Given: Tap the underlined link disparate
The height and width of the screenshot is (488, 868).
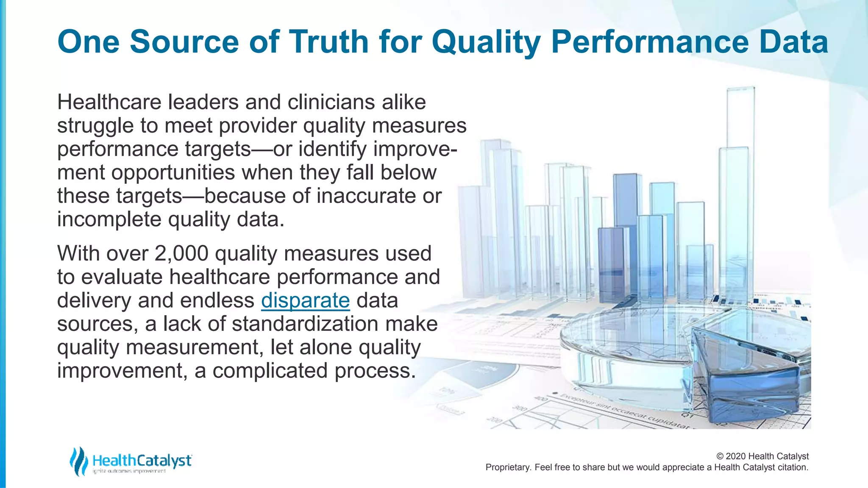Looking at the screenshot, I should (305, 300).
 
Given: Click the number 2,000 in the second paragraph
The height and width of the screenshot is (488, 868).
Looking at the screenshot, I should (181, 253).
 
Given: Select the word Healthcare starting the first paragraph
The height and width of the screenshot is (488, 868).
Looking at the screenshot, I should (109, 102).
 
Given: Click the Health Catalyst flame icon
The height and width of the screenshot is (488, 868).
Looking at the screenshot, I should (78, 461).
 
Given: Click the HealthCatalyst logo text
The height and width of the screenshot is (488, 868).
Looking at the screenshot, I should (142, 460).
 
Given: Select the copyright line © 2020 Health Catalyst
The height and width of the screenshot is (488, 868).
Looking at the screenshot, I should (762, 456).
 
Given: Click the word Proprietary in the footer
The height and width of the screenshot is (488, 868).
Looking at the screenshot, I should (508, 467).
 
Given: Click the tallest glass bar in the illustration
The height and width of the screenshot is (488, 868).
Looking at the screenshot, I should (740, 169).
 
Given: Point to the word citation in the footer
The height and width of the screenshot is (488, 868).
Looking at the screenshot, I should (793, 467).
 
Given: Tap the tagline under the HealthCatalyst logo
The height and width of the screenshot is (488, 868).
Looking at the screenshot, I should (129, 471).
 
